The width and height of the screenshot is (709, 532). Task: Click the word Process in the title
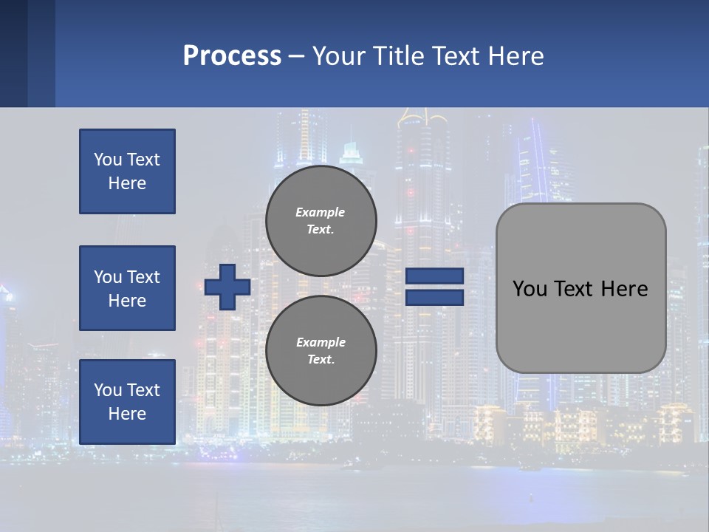coord(232,56)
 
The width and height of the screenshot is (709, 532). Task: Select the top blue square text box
coord(127,171)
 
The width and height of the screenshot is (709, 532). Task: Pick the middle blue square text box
coord(127,288)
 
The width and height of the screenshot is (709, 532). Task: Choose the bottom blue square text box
coord(127,402)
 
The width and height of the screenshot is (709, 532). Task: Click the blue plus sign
coord(227,287)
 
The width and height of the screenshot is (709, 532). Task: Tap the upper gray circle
coord(321,221)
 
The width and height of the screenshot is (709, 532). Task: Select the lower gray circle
coord(321,351)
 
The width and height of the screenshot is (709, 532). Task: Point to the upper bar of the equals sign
coord(434,276)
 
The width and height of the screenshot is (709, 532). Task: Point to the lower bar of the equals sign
coord(434,298)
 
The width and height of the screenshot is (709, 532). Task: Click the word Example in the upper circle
coord(321,212)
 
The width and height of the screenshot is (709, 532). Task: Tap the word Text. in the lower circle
coord(321,360)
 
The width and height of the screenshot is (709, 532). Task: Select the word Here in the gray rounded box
coord(624,289)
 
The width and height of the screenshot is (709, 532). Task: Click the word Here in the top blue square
coord(127,183)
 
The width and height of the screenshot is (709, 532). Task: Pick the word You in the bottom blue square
coord(108,390)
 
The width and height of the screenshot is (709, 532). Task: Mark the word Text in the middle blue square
coord(144,277)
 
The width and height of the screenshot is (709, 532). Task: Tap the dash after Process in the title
coord(296,56)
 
